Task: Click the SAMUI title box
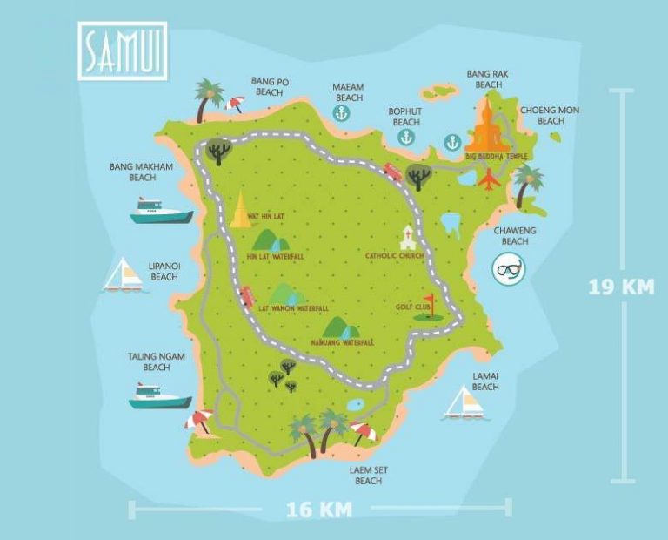(122, 51)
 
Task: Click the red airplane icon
(490, 179)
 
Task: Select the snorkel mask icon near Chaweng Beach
(509, 269)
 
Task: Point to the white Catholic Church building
(406, 237)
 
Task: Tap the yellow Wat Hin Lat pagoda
(240, 209)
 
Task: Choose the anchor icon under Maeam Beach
(342, 113)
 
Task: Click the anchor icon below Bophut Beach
(451, 141)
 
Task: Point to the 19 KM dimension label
(621, 287)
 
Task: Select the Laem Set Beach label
(368, 476)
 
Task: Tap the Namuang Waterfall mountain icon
(341, 327)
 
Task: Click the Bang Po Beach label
(270, 87)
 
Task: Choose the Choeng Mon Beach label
(550, 116)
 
